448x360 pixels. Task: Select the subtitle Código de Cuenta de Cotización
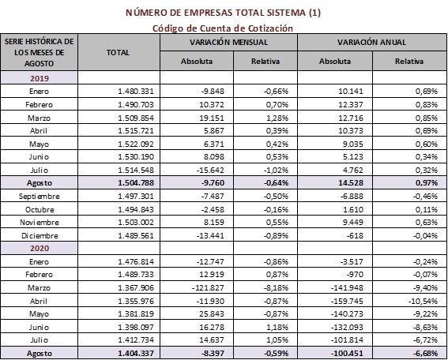224,27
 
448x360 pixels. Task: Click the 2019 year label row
39,77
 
